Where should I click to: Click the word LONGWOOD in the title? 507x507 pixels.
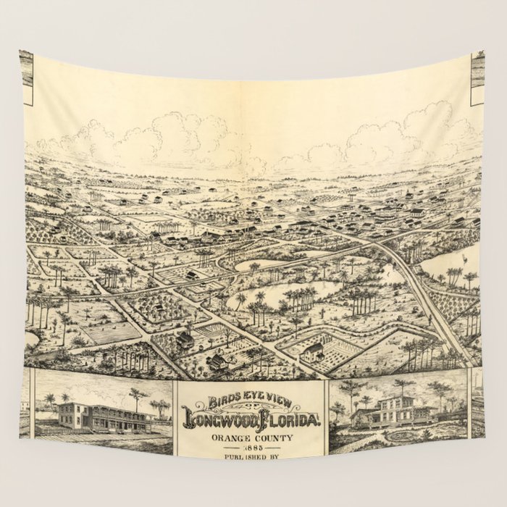point(221,419)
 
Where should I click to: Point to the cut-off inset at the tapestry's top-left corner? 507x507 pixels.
point(26,69)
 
